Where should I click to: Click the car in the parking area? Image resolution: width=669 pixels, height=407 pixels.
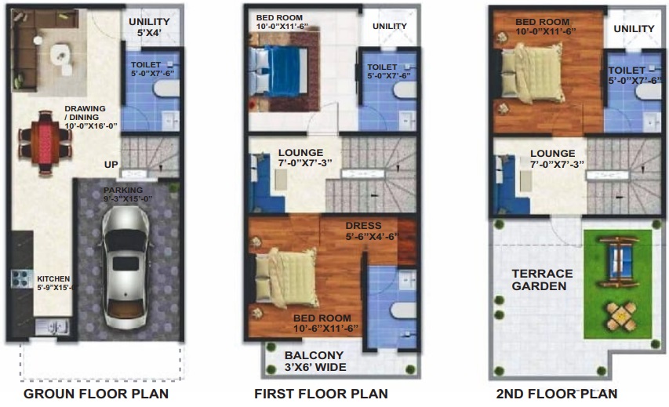[125, 268]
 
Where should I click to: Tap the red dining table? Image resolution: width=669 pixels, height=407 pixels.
[45, 143]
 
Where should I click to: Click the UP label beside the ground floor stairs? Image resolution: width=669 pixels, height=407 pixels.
[111, 165]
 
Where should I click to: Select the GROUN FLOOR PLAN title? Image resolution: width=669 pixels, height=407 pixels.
[96, 394]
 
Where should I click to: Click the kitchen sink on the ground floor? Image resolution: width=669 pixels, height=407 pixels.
[53, 327]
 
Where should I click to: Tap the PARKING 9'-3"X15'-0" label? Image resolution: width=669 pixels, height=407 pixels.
[128, 194]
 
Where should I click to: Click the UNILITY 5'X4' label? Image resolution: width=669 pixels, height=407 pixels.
[149, 27]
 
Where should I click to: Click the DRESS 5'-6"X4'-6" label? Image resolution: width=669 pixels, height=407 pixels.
[372, 231]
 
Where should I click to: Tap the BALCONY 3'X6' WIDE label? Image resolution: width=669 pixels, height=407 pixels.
[315, 361]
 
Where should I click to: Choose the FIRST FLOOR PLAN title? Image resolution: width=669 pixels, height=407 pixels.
[322, 394]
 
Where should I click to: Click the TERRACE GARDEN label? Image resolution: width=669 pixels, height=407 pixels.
[542, 280]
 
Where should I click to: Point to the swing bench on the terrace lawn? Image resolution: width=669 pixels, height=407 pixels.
[619, 261]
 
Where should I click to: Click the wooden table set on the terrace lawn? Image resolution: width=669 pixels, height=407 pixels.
[621, 317]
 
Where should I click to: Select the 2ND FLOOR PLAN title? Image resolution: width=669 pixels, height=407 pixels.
[557, 394]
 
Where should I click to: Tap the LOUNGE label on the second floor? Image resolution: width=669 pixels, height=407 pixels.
[552, 154]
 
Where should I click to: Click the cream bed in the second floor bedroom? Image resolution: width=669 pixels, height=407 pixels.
[531, 72]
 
